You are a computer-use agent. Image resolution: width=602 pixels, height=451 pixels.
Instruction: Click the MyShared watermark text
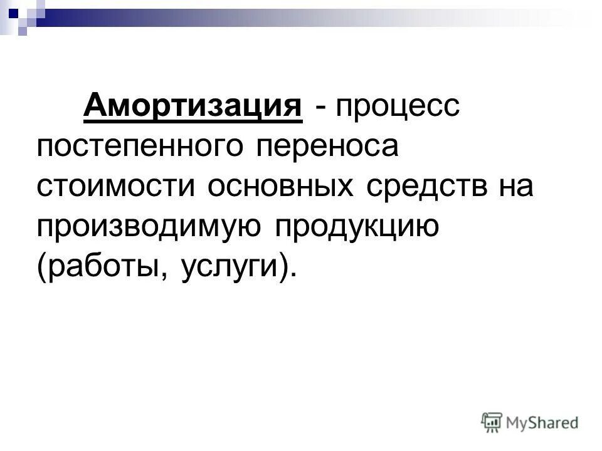pos(542,423)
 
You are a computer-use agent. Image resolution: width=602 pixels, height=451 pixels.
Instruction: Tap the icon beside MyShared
pos(492,422)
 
